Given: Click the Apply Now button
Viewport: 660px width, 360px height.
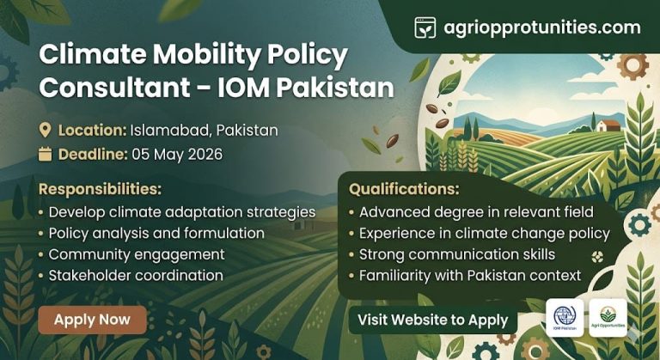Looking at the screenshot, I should coord(92,320).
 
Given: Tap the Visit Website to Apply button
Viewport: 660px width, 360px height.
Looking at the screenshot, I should coord(433,320).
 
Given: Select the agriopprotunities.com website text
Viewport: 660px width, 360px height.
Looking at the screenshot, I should coord(542,27).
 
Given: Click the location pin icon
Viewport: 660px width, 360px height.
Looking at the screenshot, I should coord(46,131).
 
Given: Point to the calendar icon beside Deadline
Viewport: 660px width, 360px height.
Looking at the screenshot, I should coord(46,155).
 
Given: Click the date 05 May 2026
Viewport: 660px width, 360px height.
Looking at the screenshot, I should coord(177,155).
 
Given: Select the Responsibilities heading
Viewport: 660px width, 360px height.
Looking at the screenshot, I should coord(100,188).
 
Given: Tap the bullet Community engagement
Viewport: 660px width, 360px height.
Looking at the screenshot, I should coord(137,254).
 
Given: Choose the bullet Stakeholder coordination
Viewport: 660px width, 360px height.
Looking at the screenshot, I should coord(136,276).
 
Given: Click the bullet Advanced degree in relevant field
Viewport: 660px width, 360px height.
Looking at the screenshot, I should coord(464,211).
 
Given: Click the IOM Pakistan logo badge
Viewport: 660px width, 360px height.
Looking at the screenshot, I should coord(565,317).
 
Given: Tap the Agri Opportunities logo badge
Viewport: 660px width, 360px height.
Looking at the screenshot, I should coord(608,317).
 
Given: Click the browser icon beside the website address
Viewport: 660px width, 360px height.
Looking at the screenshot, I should coord(425,27).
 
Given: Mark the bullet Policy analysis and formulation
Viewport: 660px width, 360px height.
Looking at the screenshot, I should coord(156,233).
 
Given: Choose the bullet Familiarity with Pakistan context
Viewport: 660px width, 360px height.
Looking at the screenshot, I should coord(470,276).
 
